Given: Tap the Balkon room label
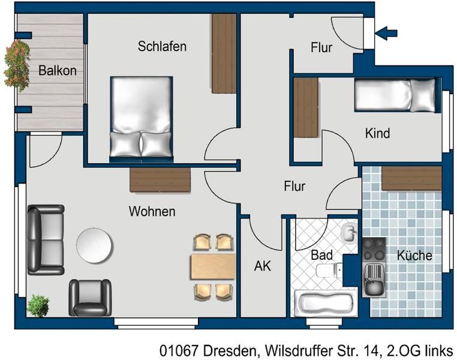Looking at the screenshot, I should click(57, 70).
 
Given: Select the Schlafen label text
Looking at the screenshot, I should click(162, 46).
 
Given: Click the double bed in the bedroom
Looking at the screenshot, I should click(142, 117).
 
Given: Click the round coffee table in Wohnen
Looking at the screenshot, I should click(95, 245).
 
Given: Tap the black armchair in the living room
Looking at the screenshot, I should click(90, 297).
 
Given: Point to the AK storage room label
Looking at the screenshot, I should click(262, 266).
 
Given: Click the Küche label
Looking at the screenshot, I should click(414, 256).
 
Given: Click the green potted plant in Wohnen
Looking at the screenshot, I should click(38, 306).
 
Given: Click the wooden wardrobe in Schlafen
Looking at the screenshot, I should click(224, 53).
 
